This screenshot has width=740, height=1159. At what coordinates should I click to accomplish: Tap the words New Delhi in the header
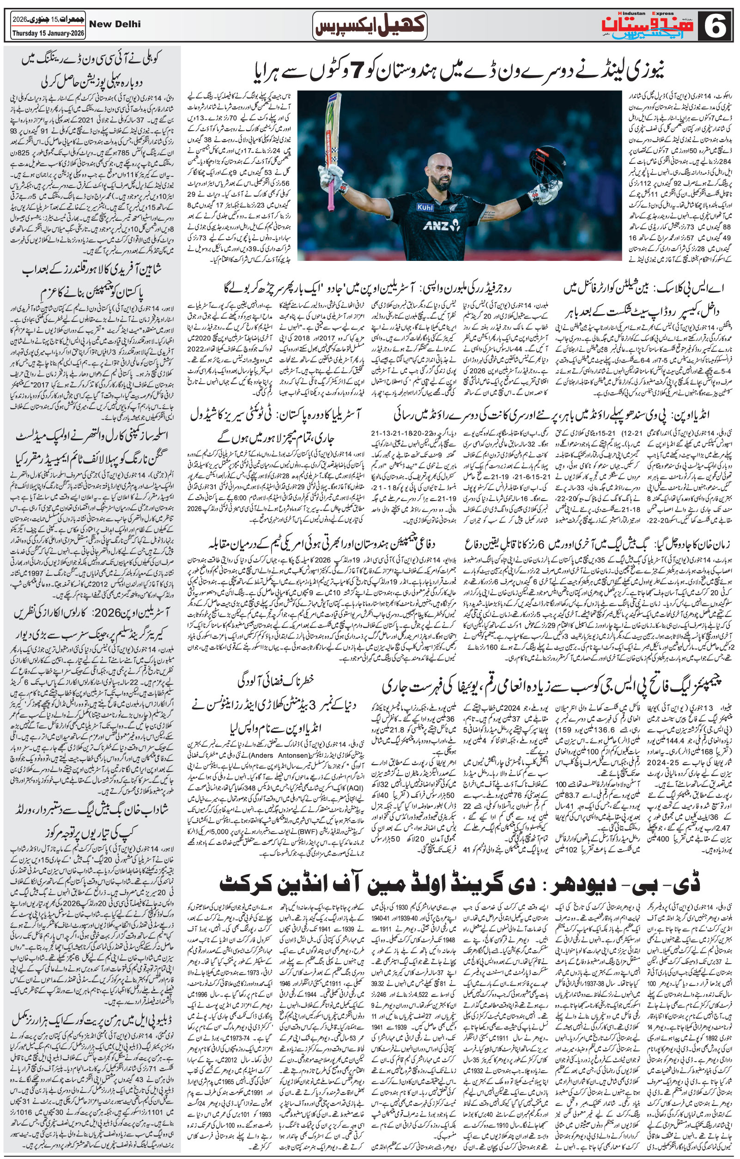pos(115,24)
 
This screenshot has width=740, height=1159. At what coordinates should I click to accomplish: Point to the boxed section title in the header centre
pos(369,25)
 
